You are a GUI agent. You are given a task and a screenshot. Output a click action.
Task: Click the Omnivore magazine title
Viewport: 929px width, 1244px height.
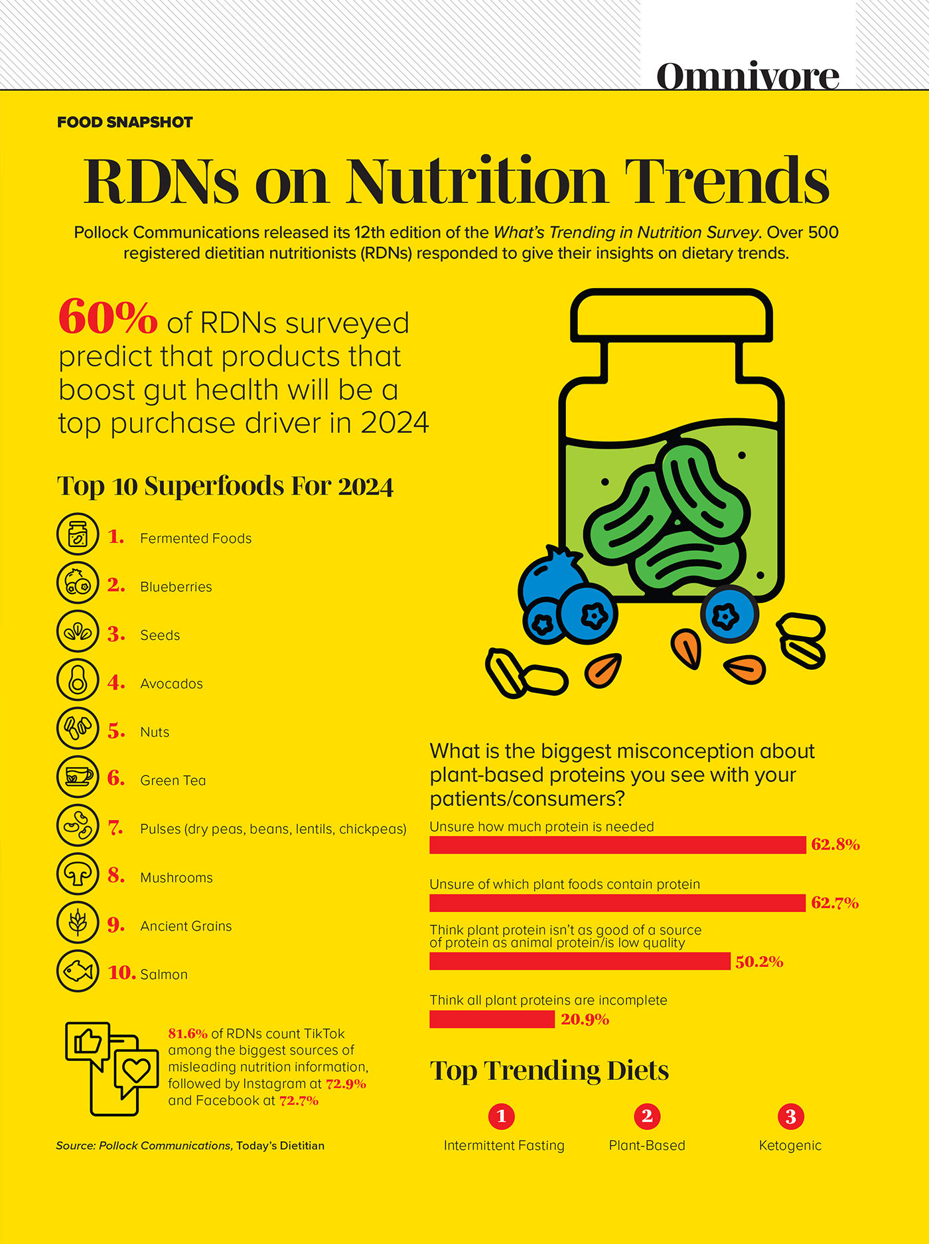point(747,76)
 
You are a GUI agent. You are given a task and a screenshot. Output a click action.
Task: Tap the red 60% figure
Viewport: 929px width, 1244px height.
point(107,317)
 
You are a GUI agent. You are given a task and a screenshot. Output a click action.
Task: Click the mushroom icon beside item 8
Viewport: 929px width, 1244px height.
point(78,874)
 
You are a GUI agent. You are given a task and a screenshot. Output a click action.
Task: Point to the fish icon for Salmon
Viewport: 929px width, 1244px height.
point(78,971)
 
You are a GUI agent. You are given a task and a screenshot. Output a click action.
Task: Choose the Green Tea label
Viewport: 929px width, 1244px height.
point(173,781)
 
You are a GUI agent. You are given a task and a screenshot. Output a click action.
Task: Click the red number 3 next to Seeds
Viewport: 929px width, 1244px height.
point(116,635)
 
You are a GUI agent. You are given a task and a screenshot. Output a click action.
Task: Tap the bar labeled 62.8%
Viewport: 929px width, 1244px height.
point(617,845)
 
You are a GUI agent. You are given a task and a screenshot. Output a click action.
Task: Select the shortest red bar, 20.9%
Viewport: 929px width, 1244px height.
point(492,1019)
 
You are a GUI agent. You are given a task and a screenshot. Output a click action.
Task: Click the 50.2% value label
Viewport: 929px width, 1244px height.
point(759,962)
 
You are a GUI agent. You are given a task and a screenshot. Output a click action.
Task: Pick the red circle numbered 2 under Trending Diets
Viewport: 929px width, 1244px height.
point(647,1117)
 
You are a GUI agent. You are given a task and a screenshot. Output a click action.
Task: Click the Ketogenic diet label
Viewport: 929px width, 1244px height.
point(790,1145)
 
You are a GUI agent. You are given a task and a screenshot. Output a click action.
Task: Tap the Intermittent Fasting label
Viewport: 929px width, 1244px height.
point(504,1145)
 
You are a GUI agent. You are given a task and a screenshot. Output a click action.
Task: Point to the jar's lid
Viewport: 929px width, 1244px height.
point(671,315)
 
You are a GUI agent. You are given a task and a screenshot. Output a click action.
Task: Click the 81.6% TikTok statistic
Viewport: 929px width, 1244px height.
point(188,1034)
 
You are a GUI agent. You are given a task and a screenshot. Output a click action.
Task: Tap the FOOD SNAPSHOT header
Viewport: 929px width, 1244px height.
point(125,122)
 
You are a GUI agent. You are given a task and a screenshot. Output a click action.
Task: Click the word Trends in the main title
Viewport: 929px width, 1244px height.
point(727,181)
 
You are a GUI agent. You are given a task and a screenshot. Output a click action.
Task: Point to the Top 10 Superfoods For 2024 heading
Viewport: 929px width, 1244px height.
point(225,486)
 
